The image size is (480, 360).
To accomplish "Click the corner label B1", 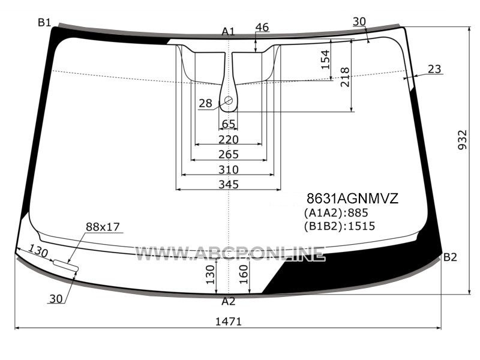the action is coord(44,22).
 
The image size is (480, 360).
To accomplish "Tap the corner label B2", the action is coord(450,257).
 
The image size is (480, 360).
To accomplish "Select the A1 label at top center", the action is coord(228,32).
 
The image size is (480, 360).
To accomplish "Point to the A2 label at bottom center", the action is coord(229,302).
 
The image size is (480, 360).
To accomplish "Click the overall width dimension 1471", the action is coord(229,322).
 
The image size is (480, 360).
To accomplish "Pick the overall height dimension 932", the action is coord(463,140).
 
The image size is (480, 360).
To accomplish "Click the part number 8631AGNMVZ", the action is coord(353,199).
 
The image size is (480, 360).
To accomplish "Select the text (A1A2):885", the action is coord(336,213).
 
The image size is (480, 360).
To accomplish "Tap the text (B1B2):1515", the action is coord(339,226).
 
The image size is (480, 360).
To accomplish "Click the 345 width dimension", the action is coord(229,184).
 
